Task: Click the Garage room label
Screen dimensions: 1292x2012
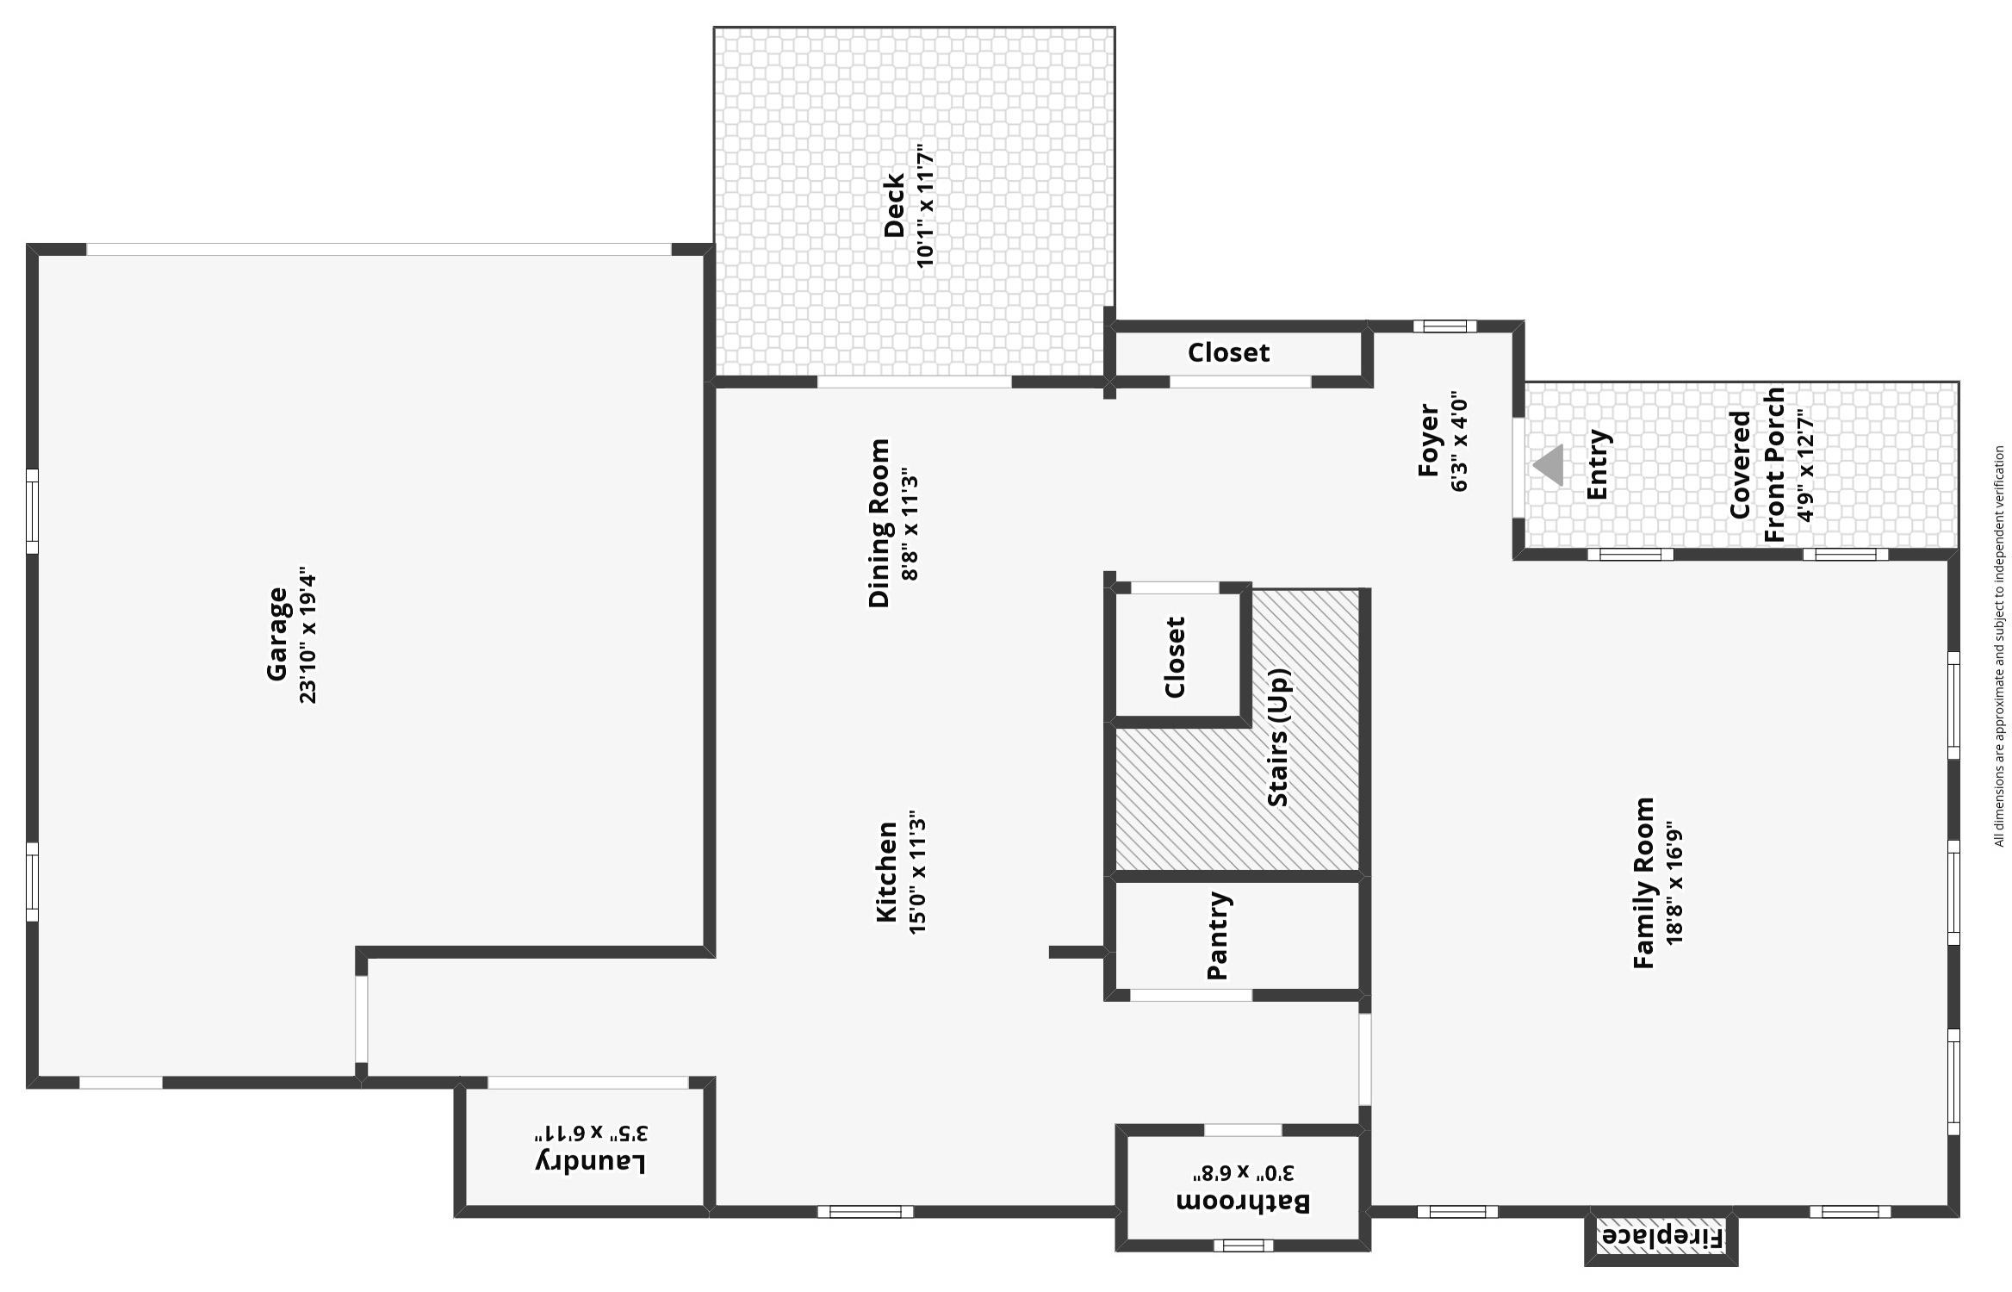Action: [x=276, y=634]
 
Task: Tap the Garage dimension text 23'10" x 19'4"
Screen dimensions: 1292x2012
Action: [x=308, y=636]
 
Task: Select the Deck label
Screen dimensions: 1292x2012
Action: [x=894, y=205]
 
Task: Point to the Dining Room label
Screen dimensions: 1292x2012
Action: [x=879, y=524]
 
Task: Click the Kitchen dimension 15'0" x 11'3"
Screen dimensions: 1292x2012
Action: [x=917, y=872]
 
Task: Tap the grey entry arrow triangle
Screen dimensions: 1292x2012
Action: [x=1549, y=465]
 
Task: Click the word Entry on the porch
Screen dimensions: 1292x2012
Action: [x=1598, y=464]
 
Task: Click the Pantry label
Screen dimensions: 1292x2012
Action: [x=1217, y=935]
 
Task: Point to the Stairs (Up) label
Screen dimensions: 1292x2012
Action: [x=1279, y=737]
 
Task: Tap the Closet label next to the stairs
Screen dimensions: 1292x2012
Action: [x=1175, y=656]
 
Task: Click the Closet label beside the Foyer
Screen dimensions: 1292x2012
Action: [x=1228, y=352]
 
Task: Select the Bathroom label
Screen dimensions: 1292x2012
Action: [x=1243, y=1202]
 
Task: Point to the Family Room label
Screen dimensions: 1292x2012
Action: [x=1643, y=883]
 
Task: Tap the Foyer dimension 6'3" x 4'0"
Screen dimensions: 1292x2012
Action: [x=1459, y=441]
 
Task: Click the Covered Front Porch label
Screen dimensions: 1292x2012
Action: [x=1757, y=465]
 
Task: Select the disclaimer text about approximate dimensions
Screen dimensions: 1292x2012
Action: [x=1999, y=646]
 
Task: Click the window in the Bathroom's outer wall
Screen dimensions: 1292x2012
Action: [x=1243, y=1245]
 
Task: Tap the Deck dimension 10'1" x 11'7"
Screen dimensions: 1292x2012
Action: [x=925, y=205]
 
